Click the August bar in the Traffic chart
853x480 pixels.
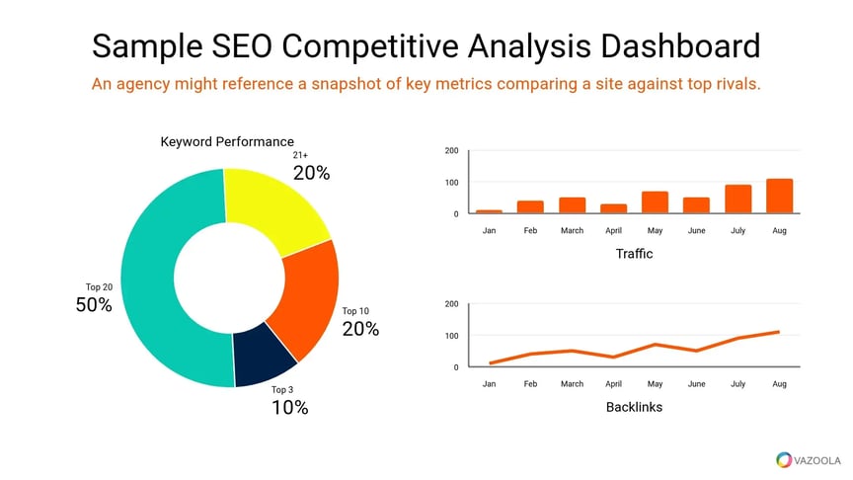tap(779, 196)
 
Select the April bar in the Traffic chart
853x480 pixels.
tap(614, 208)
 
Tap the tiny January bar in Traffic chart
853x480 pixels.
tap(489, 211)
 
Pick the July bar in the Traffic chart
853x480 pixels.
tap(737, 199)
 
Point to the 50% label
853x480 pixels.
tap(94, 305)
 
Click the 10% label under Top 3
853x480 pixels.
tap(289, 406)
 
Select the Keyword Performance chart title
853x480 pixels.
tap(227, 142)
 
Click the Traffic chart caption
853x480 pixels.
tap(634, 255)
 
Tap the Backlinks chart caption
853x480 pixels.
tap(634, 407)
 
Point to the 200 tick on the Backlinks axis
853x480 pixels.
tap(451, 304)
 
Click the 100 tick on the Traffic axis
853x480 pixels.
tap(451, 183)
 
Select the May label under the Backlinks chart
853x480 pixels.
tap(655, 383)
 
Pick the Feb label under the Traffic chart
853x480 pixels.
tap(530, 230)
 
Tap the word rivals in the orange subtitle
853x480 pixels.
tap(737, 84)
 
